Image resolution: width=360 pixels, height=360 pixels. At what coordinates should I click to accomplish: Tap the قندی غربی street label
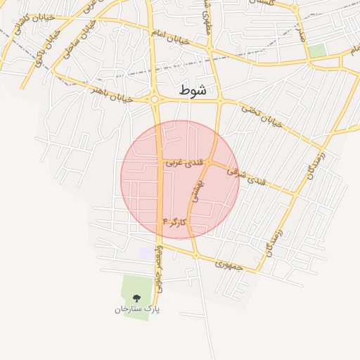coord(184,162)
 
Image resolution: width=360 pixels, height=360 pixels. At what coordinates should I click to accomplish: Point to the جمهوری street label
coord(227,266)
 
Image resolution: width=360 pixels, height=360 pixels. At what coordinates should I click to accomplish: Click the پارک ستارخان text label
coord(137,309)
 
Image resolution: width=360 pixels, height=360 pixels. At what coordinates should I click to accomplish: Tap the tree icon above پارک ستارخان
coord(136,298)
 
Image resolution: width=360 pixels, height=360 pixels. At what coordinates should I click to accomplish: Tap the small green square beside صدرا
coord(317,51)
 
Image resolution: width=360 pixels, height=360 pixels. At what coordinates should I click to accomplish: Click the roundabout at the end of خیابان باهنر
coord(154,100)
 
